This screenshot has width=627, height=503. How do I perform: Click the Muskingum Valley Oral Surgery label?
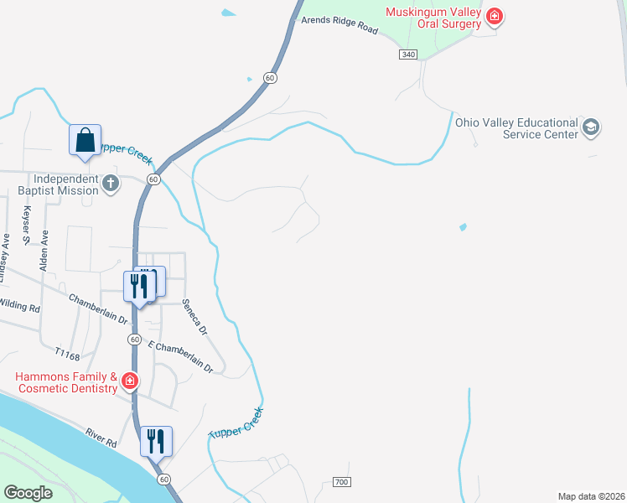tap(433, 18)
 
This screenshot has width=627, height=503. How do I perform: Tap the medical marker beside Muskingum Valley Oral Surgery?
tap(495, 16)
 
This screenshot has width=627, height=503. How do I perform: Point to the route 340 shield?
tap(408, 54)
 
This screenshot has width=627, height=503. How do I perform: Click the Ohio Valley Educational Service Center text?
tap(516, 127)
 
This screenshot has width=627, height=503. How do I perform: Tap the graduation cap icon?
tap(591, 127)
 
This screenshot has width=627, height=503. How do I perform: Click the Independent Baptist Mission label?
tap(65, 184)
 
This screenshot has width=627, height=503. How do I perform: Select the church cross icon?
tap(111, 184)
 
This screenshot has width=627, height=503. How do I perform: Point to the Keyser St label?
tap(27, 226)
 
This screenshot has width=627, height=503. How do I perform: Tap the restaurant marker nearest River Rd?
tap(156, 440)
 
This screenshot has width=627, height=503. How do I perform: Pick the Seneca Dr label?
tap(194, 317)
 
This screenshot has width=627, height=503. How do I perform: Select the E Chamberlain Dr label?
tap(181, 356)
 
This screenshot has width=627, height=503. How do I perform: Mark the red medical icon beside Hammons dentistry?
tap(130, 382)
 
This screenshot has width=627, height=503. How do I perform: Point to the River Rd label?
tap(100, 438)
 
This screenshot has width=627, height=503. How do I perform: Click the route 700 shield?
tap(340, 482)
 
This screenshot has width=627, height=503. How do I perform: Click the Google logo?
tap(28, 493)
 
